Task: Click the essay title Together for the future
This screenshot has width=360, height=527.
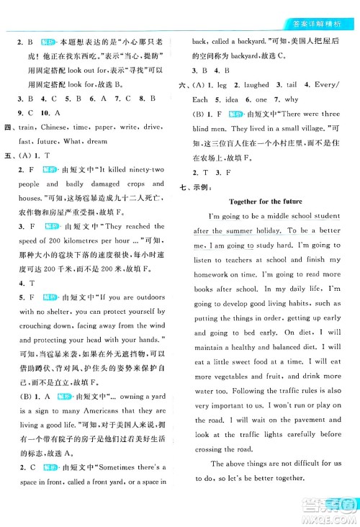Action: click(265, 201)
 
